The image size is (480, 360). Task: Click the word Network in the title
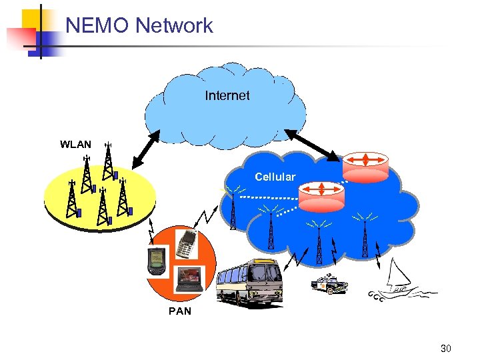pyautogui.click(x=173, y=25)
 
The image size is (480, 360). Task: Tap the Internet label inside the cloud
pyautogui.click(x=227, y=95)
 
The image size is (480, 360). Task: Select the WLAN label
pyautogui.click(x=75, y=144)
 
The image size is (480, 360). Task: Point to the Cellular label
pyautogui.click(x=275, y=177)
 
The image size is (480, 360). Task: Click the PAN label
pyautogui.click(x=180, y=311)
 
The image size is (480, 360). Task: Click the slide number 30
pyautogui.click(x=446, y=348)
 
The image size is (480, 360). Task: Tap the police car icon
pyautogui.click(x=329, y=284)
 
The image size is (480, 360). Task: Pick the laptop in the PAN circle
pyautogui.click(x=189, y=279)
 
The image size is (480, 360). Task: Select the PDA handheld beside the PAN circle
pyautogui.click(x=155, y=261)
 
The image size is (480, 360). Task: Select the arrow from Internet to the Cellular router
pyautogui.click(x=313, y=143)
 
